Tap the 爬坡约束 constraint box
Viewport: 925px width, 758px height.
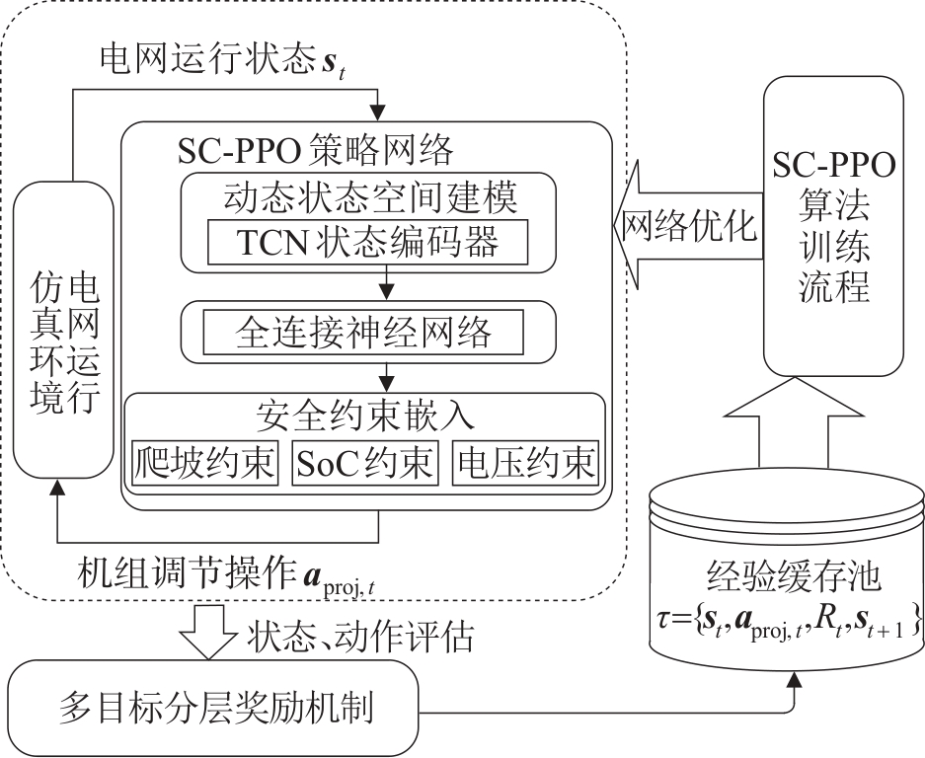[x=204, y=463]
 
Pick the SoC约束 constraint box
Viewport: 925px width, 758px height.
[x=364, y=463]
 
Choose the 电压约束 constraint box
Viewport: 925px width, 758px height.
[x=525, y=463]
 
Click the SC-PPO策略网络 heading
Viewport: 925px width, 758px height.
[x=315, y=150]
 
